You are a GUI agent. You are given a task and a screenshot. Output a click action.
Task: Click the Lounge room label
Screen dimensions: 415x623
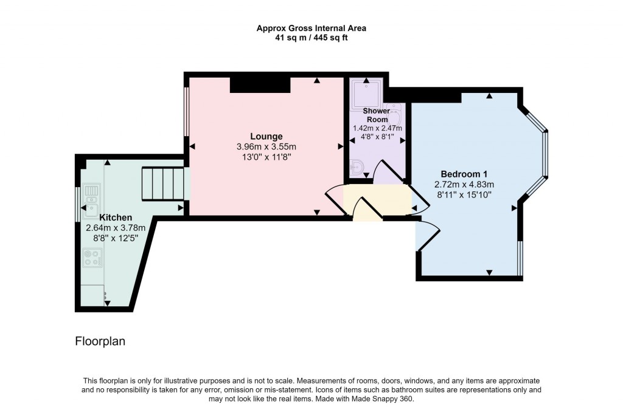(266, 136)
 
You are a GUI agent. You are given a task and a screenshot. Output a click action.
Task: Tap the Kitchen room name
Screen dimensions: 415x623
(116, 217)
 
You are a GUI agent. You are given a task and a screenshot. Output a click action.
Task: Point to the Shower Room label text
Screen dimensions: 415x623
(377, 115)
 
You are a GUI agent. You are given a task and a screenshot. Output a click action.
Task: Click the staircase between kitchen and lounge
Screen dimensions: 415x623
(162, 184)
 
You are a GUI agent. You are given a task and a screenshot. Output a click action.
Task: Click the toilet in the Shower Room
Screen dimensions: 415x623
(358, 167)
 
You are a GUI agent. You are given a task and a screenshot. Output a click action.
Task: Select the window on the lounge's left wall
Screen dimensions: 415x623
(187, 112)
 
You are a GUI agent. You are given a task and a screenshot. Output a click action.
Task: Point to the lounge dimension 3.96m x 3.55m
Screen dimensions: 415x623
(266, 147)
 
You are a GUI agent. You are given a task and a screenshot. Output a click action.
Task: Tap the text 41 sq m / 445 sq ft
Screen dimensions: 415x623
(311, 38)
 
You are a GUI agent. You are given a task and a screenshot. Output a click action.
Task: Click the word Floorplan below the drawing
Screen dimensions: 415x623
(100, 341)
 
